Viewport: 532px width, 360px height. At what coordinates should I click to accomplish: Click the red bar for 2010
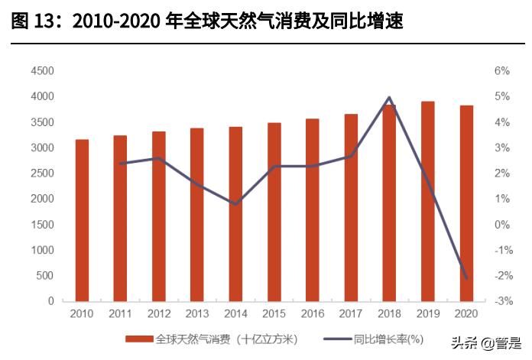(x=82, y=220)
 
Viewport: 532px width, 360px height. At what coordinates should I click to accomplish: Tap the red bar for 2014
(x=235, y=214)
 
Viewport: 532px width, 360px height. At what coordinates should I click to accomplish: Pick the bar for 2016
(x=313, y=209)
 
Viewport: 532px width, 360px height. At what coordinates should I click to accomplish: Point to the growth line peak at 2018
(x=389, y=98)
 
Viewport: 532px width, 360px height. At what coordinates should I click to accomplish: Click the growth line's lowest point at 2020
(x=466, y=278)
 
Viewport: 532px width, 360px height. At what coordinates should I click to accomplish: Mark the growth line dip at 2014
(x=235, y=204)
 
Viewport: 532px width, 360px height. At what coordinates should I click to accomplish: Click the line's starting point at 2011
(x=121, y=164)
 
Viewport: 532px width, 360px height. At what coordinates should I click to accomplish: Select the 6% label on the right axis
(x=501, y=71)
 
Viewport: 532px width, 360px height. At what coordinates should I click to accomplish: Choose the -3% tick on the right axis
(x=501, y=301)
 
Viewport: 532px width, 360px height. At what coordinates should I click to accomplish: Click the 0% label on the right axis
(x=501, y=225)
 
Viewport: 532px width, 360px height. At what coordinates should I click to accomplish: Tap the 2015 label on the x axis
(x=274, y=314)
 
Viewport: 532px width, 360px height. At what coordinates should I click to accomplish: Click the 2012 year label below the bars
(x=159, y=314)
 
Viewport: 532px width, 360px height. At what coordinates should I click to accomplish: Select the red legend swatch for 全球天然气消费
(x=138, y=339)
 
